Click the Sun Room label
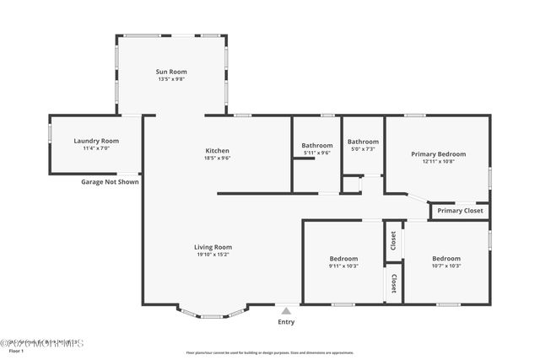point(171,72)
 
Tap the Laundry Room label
point(96,141)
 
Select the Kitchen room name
point(218,150)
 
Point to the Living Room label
point(213,246)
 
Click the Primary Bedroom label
point(438,153)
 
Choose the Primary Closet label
point(460,211)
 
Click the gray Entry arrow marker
point(286,311)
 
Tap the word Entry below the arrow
point(286,322)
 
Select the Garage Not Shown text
point(110,181)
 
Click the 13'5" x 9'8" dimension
point(171,79)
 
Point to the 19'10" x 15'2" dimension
point(213,254)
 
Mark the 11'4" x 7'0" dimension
point(96,148)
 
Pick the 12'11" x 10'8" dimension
point(438,161)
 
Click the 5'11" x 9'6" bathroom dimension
point(316,153)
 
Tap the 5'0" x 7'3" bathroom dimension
point(363,148)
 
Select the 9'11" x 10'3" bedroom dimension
point(343,266)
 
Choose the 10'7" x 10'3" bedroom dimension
point(446,266)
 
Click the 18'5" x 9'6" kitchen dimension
point(218,158)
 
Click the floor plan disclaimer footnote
point(270,353)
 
